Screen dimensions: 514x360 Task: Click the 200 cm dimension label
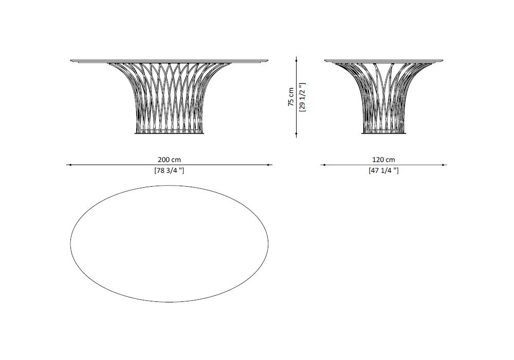point(169,159)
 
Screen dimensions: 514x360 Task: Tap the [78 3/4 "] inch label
point(169,171)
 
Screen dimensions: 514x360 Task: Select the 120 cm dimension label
point(383,159)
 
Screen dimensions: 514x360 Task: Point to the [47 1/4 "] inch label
point(383,171)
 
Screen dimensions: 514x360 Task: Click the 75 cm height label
point(291,97)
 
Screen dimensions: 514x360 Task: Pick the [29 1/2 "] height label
point(302,97)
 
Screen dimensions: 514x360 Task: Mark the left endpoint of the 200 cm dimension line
point(70,165)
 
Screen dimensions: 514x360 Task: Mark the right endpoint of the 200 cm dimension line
point(268,165)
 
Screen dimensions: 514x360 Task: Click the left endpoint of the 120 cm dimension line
point(324,165)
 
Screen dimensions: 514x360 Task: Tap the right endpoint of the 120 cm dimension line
point(443,165)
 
